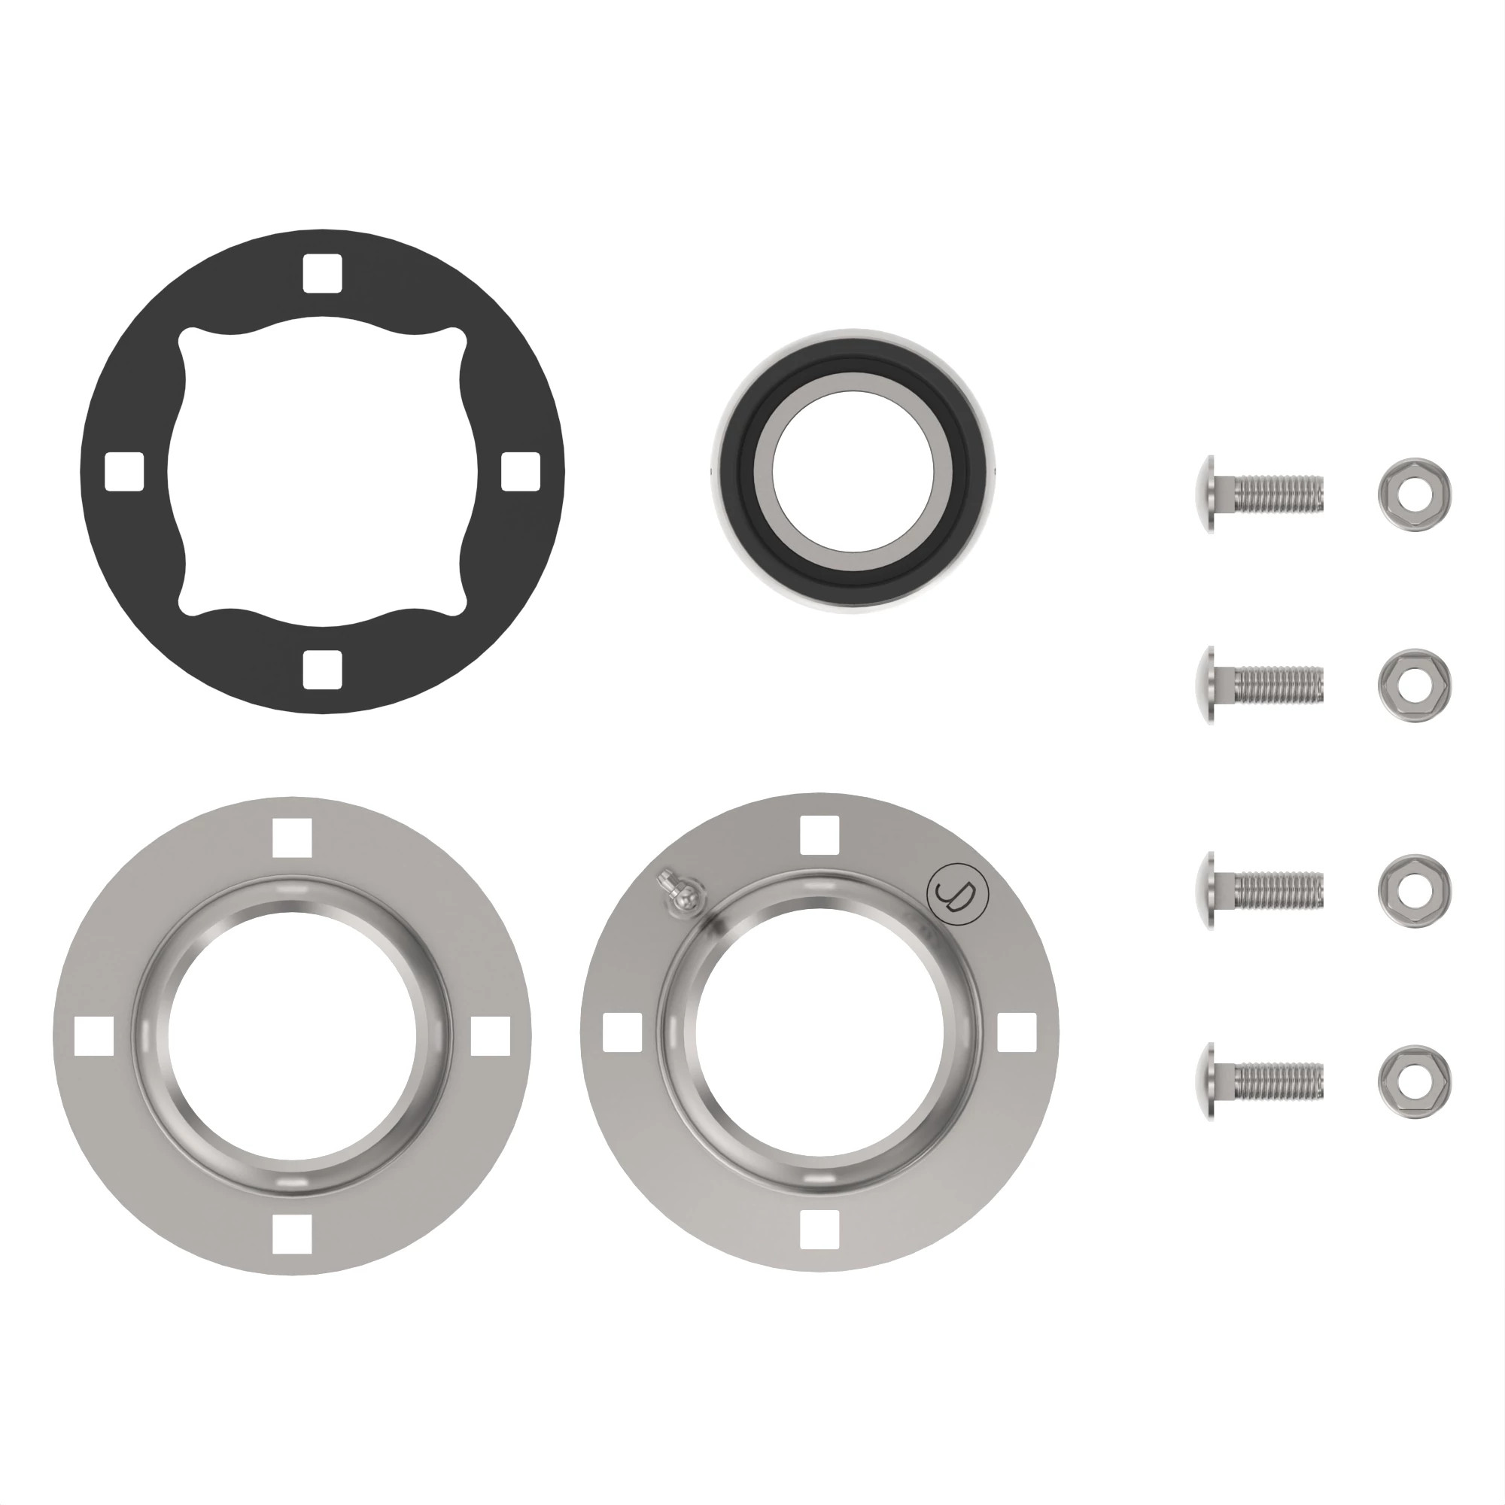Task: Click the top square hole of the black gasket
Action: click(323, 273)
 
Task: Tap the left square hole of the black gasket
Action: click(125, 471)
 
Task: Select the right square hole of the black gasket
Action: click(521, 471)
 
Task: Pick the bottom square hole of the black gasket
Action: click(323, 670)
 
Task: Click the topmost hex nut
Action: click(1415, 494)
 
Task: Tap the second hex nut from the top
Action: click(1415, 685)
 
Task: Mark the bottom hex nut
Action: click(1415, 1081)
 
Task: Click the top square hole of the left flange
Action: click(292, 837)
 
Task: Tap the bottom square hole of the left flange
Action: click(292, 1234)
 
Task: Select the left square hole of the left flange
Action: click(93, 1035)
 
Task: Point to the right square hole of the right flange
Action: click(1017, 1032)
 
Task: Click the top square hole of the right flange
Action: click(819, 834)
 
